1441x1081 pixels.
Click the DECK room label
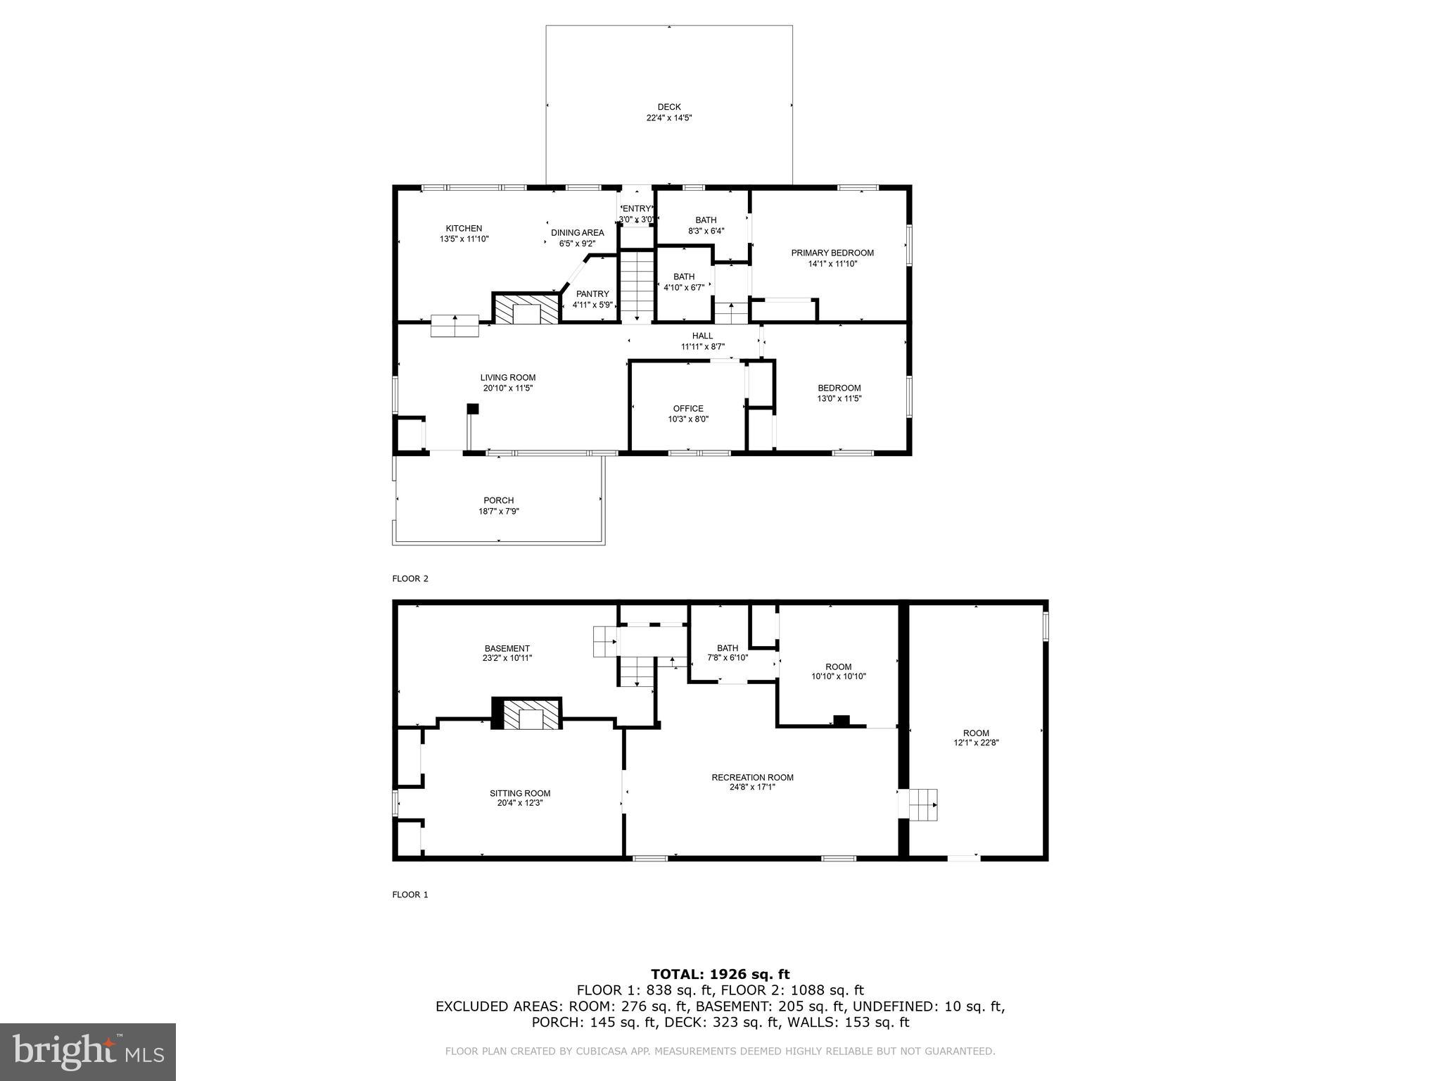(669, 107)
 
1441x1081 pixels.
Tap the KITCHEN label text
(464, 228)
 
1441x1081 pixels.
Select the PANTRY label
(592, 294)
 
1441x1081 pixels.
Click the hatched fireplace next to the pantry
(526, 310)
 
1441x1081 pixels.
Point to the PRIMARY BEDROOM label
(832, 253)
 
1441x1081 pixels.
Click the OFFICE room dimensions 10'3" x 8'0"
(688, 419)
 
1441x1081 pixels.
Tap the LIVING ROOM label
(508, 377)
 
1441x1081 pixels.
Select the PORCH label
(498, 500)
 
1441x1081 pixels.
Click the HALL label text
(702, 336)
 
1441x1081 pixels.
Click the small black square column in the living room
(473, 408)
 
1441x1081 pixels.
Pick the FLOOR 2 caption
(410, 579)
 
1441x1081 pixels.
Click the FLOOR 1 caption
(410, 894)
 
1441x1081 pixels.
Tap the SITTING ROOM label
(520, 793)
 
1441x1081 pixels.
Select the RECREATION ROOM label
(752, 778)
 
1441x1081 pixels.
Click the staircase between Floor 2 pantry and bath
(637, 285)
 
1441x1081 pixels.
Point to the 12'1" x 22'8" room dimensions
(976, 743)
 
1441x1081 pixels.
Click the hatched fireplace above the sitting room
(527, 714)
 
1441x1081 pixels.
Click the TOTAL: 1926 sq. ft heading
(720, 974)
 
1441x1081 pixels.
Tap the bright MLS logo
(88, 1052)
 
